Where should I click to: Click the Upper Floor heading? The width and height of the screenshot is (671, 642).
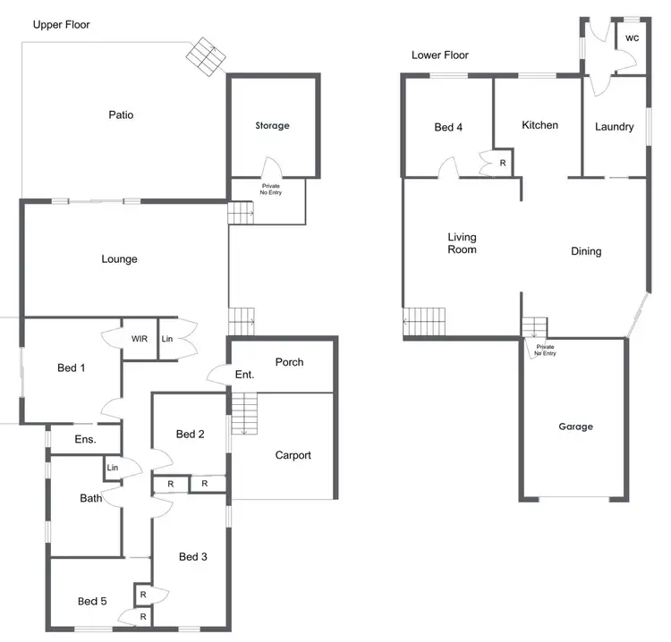pos(62,24)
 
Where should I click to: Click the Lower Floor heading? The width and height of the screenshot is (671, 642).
pos(440,55)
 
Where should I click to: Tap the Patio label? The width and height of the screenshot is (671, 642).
pos(121,114)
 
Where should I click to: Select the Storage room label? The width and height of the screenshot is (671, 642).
pos(272,126)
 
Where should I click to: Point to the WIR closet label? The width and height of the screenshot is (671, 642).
pos(140,339)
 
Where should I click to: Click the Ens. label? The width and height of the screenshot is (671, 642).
pos(85,439)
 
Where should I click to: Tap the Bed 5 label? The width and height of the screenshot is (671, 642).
pos(92,601)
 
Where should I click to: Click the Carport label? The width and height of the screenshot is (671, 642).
pos(293,455)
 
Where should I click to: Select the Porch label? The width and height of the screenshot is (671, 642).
pos(289,362)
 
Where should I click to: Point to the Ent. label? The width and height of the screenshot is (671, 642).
pos(244,376)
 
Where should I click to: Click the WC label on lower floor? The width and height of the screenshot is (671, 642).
pos(632,38)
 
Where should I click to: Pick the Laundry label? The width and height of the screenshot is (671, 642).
pos(614,127)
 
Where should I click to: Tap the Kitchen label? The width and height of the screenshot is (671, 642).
pos(539,125)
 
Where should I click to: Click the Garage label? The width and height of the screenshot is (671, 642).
pos(575,427)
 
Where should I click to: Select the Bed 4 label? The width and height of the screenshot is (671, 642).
pos(448,128)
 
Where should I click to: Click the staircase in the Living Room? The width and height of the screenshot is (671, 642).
pos(424,321)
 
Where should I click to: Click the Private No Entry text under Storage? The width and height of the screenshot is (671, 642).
pos(270,190)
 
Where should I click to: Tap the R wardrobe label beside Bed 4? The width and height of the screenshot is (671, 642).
pos(502,163)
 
